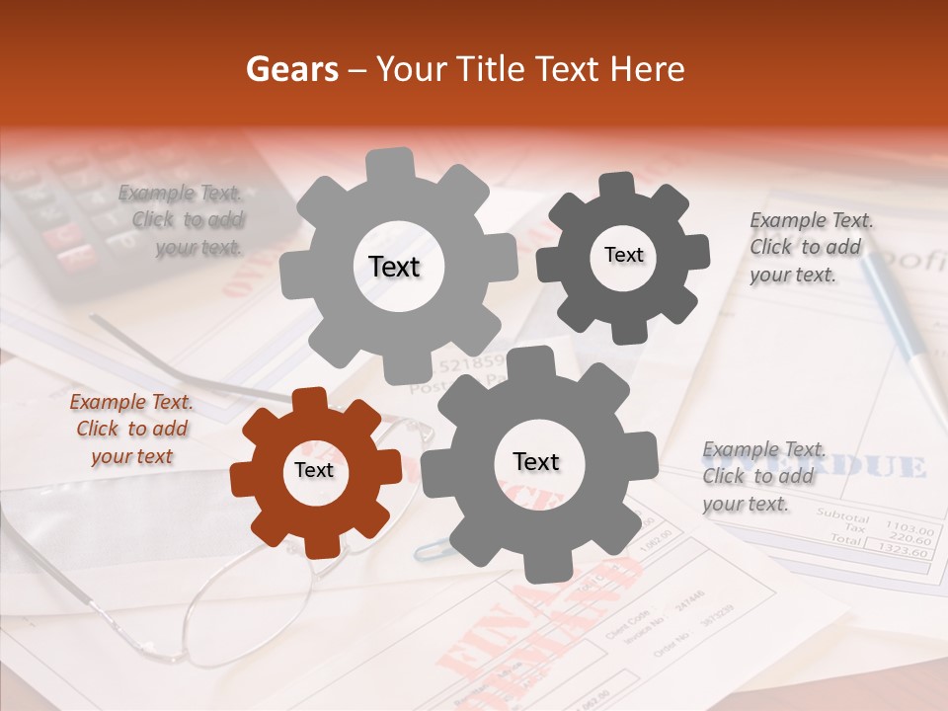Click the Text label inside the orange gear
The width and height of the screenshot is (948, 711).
point(314,471)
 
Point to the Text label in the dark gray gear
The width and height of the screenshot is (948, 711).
point(623,255)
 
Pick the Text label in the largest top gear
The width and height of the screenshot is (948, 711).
point(394,267)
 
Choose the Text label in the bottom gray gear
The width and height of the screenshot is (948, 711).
point(536,462)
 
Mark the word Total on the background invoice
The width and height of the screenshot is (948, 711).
point(845,539)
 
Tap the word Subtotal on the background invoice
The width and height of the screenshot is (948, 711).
point(842,516)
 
